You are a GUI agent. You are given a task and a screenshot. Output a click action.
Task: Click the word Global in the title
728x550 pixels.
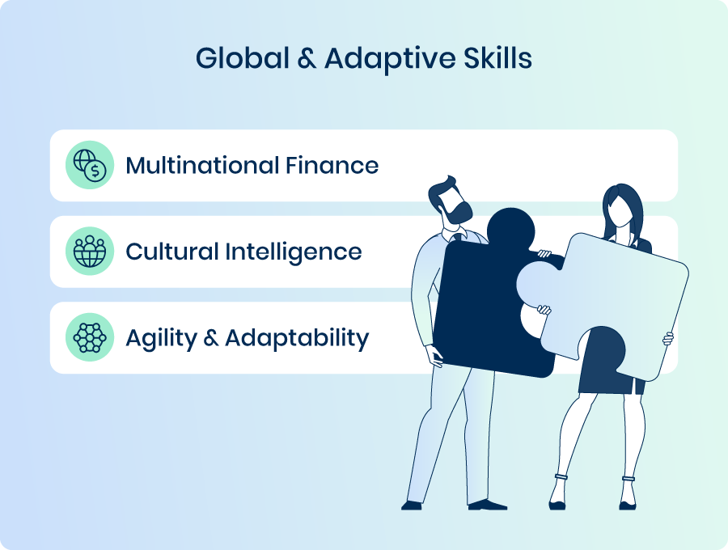click(243, 58)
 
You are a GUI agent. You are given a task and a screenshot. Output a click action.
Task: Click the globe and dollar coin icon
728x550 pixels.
click(90, 165)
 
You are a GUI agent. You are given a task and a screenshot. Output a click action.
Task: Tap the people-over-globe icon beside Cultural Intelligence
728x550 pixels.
click(90, 251)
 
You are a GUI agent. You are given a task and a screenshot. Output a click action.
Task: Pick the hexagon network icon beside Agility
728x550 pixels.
click(90, 337)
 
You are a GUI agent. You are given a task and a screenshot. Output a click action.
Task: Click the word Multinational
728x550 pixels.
click(202, 165)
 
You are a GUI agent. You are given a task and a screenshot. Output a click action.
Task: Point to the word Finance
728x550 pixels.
click(332, 165)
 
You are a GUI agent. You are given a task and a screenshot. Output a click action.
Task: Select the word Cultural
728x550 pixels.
click(171, 252)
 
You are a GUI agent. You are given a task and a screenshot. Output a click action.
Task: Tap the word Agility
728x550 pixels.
click(162, 339)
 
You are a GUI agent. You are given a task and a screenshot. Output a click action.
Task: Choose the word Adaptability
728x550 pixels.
click(297, 339)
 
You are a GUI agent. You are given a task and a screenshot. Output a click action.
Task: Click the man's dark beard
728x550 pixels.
click(457, 211)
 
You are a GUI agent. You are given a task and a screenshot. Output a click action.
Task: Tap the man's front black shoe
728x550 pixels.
click(487, 505)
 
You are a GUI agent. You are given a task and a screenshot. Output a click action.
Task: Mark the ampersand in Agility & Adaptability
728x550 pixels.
click(211, 337)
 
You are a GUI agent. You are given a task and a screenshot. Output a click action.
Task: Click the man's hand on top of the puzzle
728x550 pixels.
click(544, 254)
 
